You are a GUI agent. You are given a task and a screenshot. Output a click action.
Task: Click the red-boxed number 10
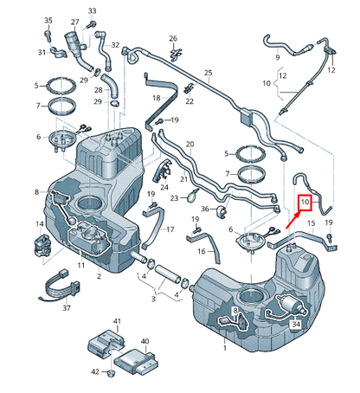pyautogui.click(x=305, y=204)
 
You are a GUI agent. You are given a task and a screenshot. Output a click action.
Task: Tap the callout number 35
pyautogui.click(x=48, y=20)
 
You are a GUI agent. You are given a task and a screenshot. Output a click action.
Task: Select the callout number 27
pyautogui.click(x=75, y=21)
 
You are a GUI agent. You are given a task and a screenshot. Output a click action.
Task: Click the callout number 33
pyautogui.click(x=93, y=10)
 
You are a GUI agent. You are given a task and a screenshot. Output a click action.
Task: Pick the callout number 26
pyautogui.click(x=173, y=39)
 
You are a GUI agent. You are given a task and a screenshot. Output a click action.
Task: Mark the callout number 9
pyautogui.click(x=278, y=58)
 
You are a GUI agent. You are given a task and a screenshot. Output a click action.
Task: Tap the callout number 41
pyautogui.click(x=117, y=321)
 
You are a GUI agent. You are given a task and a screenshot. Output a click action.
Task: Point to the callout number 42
pyautogui.click(x=96, y=372)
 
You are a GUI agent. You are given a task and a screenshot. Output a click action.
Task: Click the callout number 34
pyautogui.click(x=296, y=325)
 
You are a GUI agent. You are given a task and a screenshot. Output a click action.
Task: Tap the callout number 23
pyautogui.click(x=175, y=198)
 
